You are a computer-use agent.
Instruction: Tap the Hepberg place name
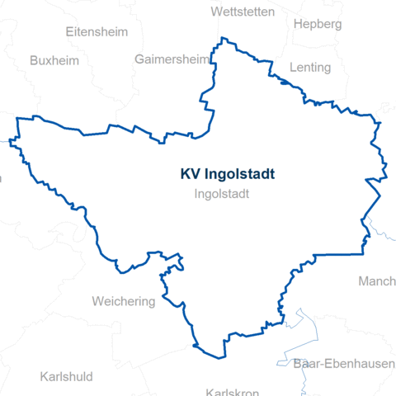317,24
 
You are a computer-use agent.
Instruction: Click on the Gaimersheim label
171,60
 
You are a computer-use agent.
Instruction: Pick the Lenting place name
309,68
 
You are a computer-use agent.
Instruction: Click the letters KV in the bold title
189,174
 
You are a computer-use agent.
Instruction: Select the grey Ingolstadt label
222,195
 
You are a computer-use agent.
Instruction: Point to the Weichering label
124,301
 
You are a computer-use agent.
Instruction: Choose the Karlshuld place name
66,376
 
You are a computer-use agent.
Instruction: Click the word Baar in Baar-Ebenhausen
307,363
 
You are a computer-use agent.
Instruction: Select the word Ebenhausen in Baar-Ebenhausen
356,363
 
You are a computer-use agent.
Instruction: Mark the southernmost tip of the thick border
223,358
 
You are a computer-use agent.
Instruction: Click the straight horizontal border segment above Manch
338,254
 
